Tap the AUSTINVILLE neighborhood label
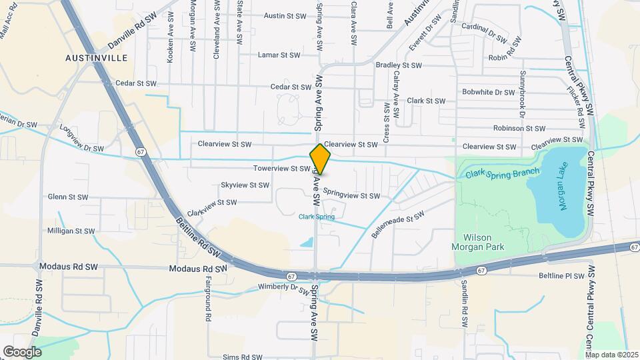click(x=97, y=58)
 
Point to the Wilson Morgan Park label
click(x=484, y=242)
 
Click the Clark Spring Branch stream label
click(x=502, y=174)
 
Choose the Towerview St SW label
click(x=281, y=169)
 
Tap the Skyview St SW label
click(x=244, y=185)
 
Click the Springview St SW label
click(x=351, y=195)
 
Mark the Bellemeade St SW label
click(x=398, y=226)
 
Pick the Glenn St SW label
click(x=68, y=197)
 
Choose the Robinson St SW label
click(x=519, y=128)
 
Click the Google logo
click(x=22, y=351)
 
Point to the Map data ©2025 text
click(x=612, y=355)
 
